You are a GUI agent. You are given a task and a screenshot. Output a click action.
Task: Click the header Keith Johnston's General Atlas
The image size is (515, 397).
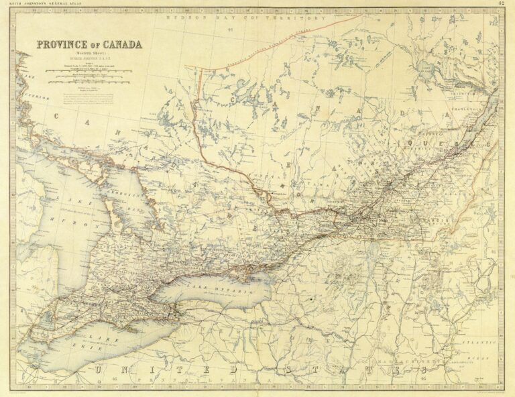point(40,4)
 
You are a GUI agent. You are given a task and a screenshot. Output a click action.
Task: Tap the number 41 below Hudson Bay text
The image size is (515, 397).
point(230,30)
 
